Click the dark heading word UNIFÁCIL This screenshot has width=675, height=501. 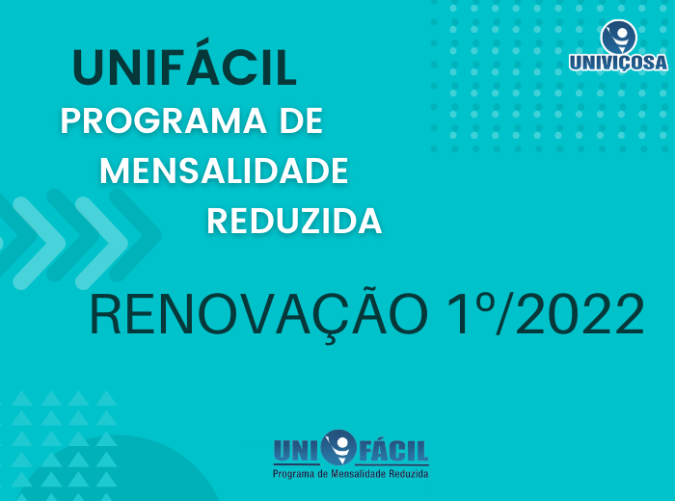pyautogui.click(x=185, y=64)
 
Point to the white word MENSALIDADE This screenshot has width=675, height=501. pyautogui.click(x=224, y=171)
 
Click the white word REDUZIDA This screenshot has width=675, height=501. pyautogui.click(x=294, y=221)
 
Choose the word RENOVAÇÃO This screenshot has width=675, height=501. pyautogui.click(x=258, y=314)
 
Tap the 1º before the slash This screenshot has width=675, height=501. pyautogui.click(x=471, y=313)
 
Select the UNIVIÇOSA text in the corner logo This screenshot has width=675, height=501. pyautogui.click(x=618, y=63)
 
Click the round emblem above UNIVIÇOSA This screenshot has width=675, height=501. pyautogui.click(x=619, y=37)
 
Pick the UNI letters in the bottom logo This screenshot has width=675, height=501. pyautogui.click(x=297, y=451)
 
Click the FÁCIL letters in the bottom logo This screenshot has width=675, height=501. pyautogui.click(x=393, y=451)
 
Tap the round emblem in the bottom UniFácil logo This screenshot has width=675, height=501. pyautogui.click(x=339, y=447)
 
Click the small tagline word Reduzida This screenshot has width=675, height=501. pyautogui.click(x=409, y=474)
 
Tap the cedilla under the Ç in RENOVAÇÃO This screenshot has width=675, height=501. pyautogui.click(x=330, y=339)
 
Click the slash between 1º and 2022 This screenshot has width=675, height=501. pyautogui.click(x=501, y=313)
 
